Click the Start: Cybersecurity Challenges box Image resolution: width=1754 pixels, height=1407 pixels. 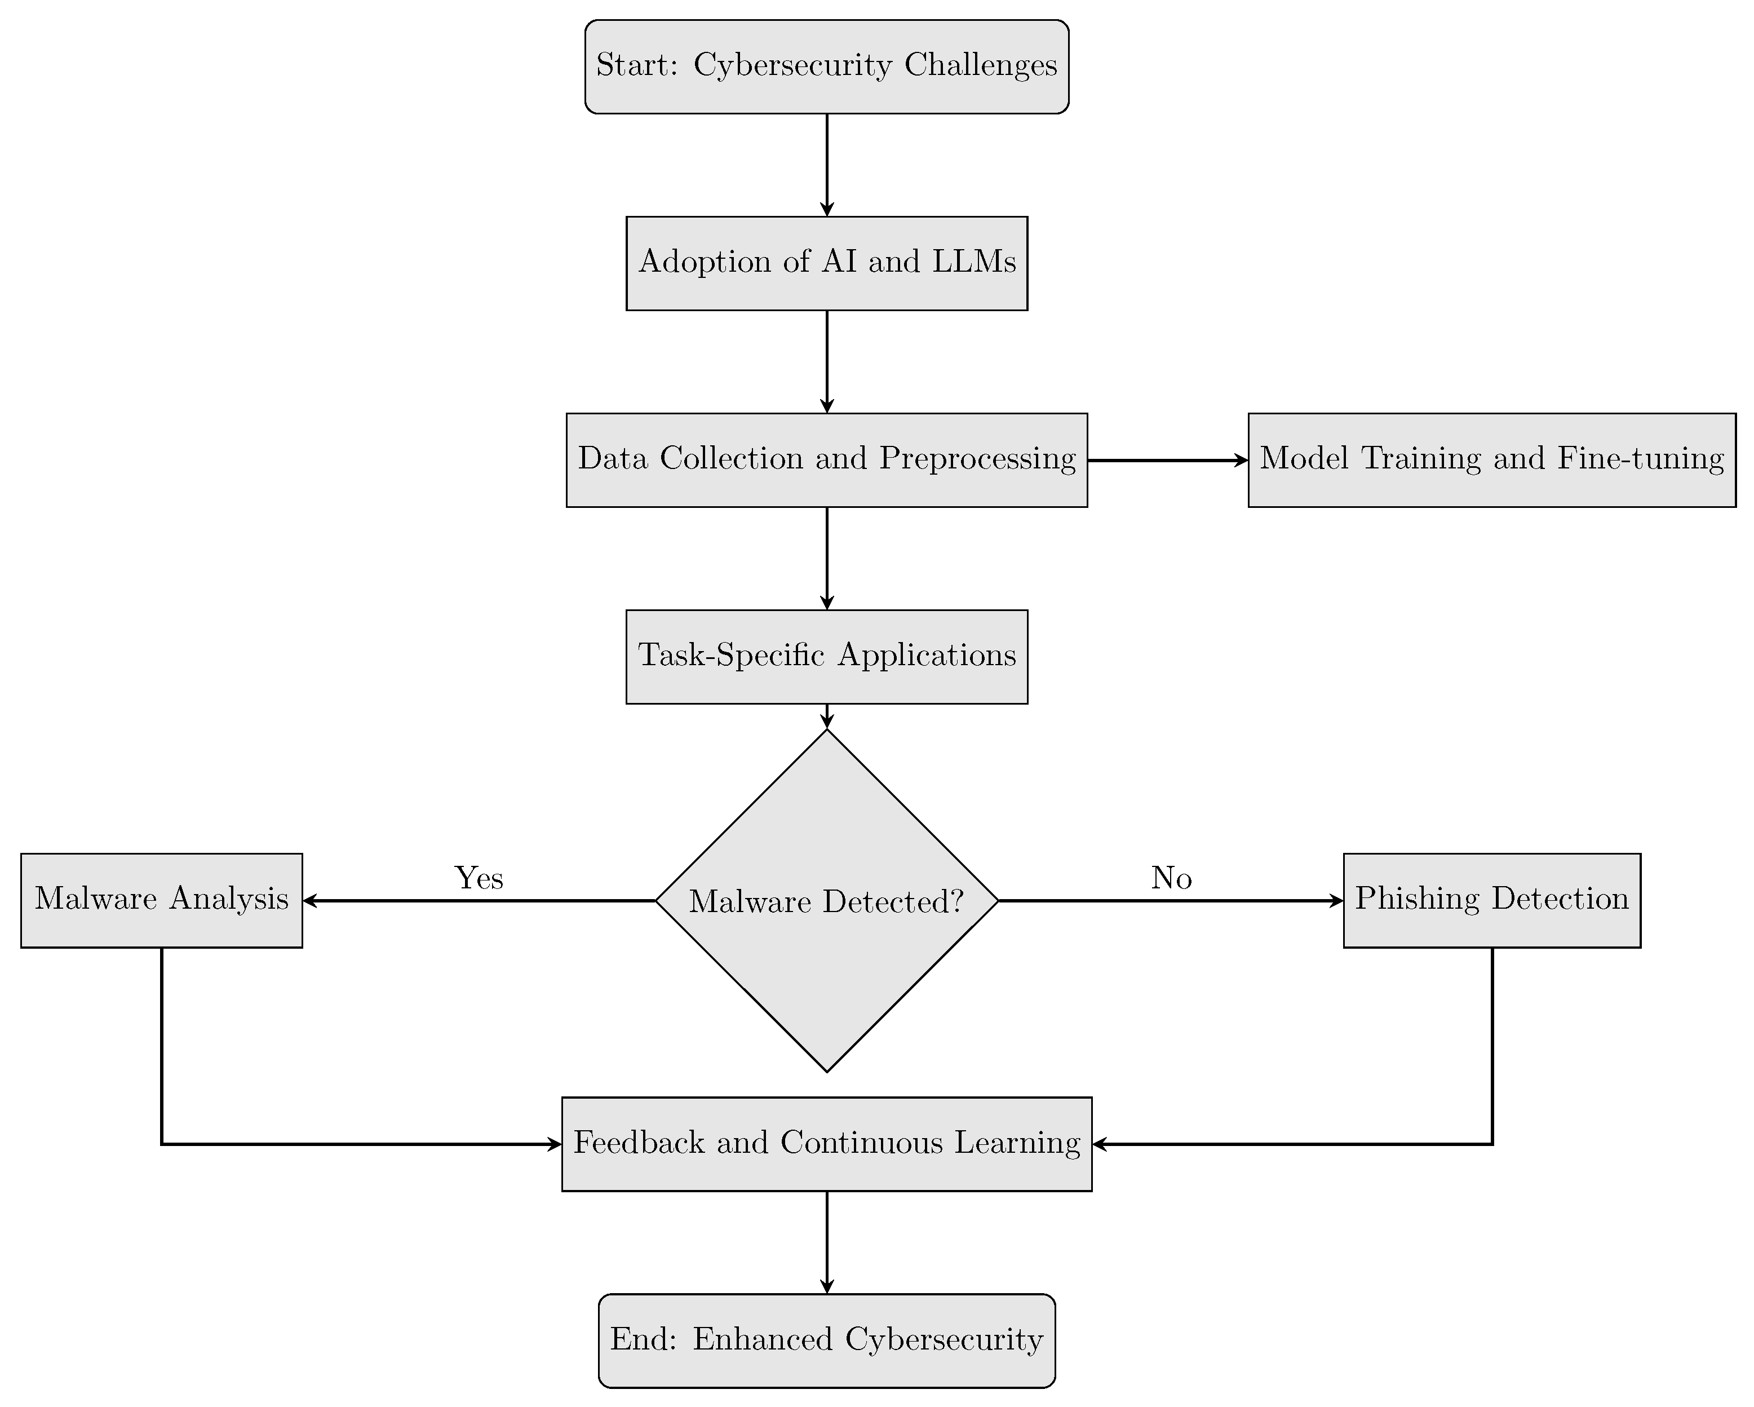pyautogui.click(x=827, y=67)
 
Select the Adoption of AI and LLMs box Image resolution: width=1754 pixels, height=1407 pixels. pyautogui.click(x=827, y=263)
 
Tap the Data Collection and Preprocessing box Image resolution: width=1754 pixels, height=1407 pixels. pyautogui.click(x=827, y=460)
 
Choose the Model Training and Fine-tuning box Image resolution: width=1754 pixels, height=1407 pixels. pyautogui.click(x=1491, y=460)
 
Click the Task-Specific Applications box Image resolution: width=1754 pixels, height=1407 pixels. pyautogui.click(x=827, y=656)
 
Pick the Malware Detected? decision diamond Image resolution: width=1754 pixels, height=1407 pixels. pyautogui.click(x=827, y=900)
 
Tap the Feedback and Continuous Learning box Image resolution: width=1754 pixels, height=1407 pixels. pyautogui.click(x=827, y=1143)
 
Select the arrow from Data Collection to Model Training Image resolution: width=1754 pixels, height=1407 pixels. pyautogui.click(x=1167, y=461)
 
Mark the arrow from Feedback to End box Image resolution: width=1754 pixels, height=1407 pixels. pyautogui.click(x=827, y=1242)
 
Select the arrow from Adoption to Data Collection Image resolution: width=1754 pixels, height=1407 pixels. pyautogui.click(x=827, y=361)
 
